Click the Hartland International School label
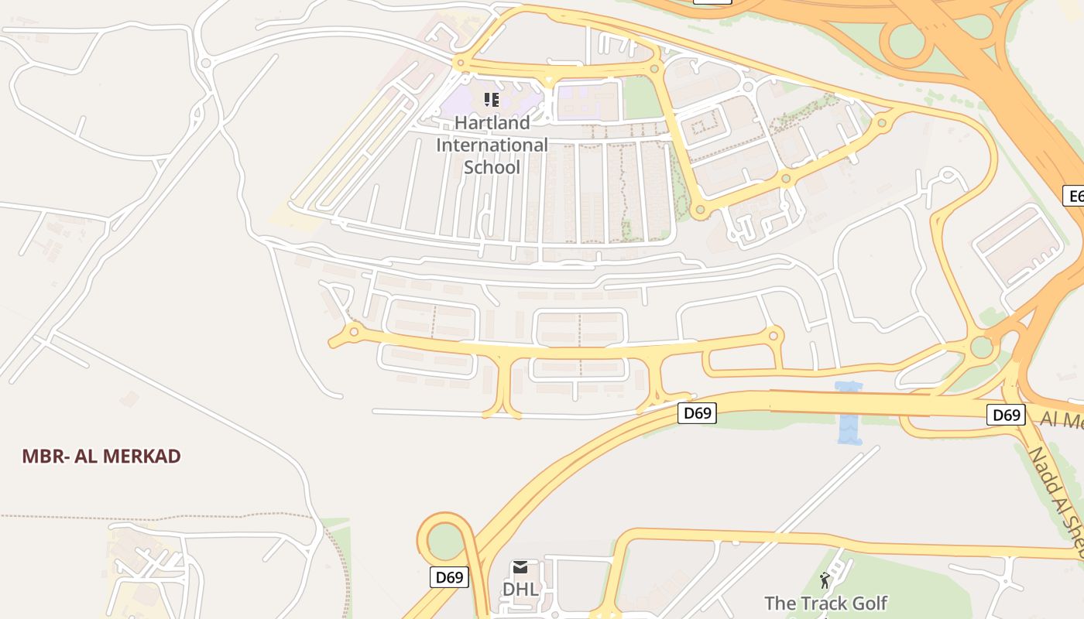[492, 145]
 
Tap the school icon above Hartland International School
[492, 99]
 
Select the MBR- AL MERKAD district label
[101, 456]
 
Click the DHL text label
[520, 589]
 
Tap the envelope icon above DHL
[520, 568]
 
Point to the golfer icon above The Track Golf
[825, 580]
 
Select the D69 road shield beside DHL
[450, 577]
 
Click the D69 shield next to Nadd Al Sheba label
[1007, 415]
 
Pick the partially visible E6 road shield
[1074, 197]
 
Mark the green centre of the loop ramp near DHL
[444, 541]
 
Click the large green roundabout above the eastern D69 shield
[982, 346]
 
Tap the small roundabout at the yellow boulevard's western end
[354, 332]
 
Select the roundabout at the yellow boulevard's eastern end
[773, 336]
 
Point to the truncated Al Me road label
[1061, 420]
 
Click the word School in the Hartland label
[492, 167]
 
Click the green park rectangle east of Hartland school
[640, 97]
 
